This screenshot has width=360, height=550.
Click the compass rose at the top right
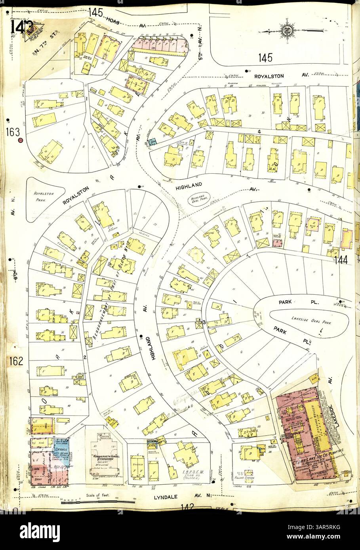tap(286, 30)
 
